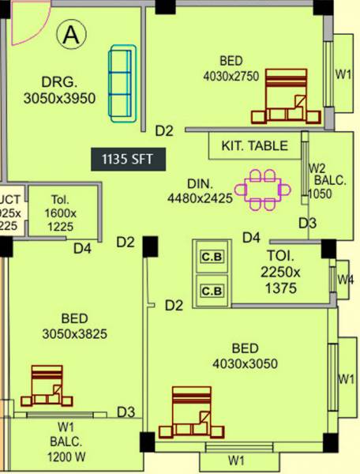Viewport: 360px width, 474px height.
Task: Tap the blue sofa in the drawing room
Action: [x=122, y=84]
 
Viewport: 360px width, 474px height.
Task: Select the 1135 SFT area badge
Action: [x=128, y=159]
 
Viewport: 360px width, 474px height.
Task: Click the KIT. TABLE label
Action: [x=254, y=146]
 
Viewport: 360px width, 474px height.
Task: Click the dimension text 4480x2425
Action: [x=200, y=199]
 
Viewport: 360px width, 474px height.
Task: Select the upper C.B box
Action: [x=211, y=258]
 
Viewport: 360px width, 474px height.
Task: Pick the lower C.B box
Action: [x=211, y=292]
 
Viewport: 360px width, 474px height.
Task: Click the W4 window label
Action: [x=345, y=280]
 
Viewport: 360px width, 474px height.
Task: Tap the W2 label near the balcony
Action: [x=317, y=168]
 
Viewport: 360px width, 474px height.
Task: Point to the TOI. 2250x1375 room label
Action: [x=280, y=273]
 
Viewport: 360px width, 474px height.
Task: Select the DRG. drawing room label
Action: [x=59, y=82]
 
